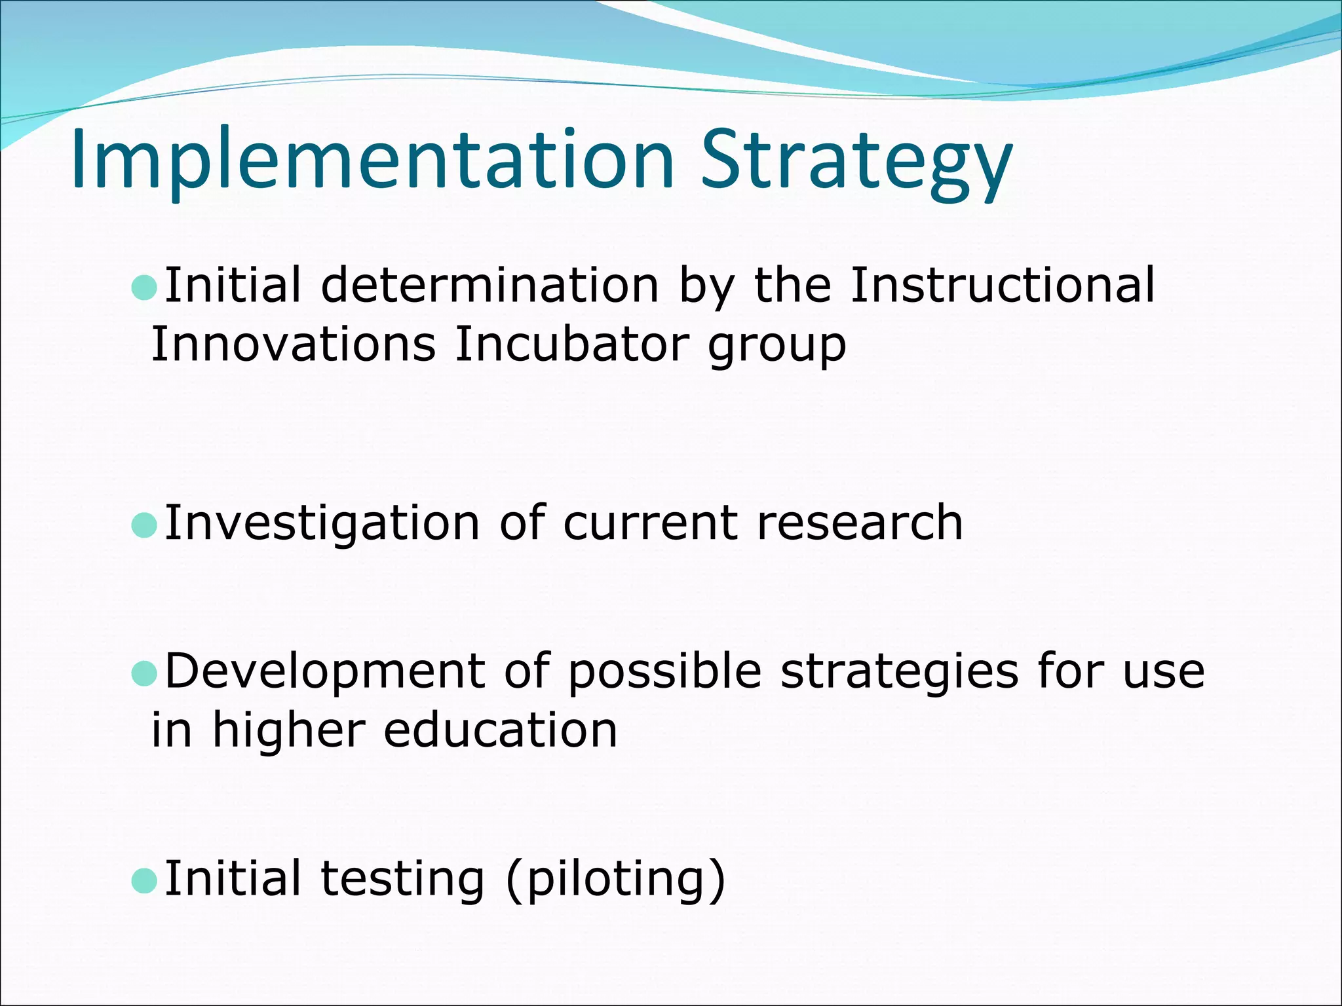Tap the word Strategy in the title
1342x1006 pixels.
(856, 160)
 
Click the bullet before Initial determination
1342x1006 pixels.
(144, 287)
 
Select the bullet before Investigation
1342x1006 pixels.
(144, 525)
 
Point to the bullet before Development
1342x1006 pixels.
(144, 673)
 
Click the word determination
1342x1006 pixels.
(489, 286)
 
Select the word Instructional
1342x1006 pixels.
(1003, 286)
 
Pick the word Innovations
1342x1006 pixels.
(293, 344)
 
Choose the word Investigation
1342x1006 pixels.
(322, 525)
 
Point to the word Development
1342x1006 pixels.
(324, 673)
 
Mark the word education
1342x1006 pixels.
(500, 730)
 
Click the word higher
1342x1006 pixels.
(288, 730)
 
